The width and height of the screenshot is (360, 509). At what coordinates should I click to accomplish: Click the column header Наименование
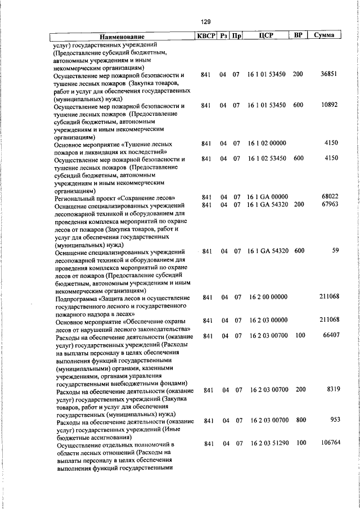pos(122,36)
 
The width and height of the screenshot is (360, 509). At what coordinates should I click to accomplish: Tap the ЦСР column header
pos(266,35)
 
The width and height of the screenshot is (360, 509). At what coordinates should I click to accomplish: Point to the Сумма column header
pos(325,35)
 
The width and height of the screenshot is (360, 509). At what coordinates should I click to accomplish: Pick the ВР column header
pos(299,35)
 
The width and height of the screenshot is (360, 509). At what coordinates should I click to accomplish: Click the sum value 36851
pos(328,74)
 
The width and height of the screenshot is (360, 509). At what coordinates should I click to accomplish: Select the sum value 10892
pos(328,105)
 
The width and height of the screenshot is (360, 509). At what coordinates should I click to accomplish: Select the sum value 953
pos(334,420)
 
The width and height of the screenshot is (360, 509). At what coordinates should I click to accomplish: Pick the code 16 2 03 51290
pos(269,443)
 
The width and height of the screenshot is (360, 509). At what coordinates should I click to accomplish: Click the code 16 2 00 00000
pos(268,297)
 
